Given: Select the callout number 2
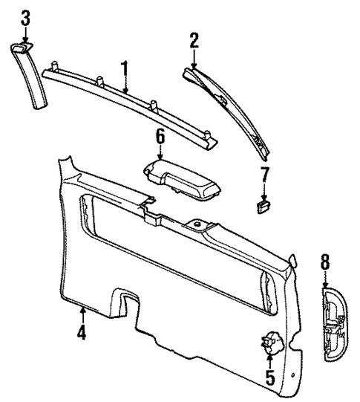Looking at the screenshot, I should coord(194,41).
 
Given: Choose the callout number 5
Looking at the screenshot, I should coord(269,378).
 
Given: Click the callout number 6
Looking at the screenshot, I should coord(159,136).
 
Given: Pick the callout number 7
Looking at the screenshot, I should coord(263,175).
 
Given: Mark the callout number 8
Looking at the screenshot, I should coord(324,261).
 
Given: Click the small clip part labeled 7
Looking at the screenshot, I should coord(262,206).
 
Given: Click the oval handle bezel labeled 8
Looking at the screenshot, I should coord(331,325).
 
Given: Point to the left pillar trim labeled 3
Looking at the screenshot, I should coord(28,74).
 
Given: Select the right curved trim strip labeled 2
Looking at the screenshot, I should coord(230,111).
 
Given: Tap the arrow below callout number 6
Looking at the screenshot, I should coord(159,153).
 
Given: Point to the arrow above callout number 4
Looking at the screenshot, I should coord(82,312).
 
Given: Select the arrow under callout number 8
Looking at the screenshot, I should coord(324,280).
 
